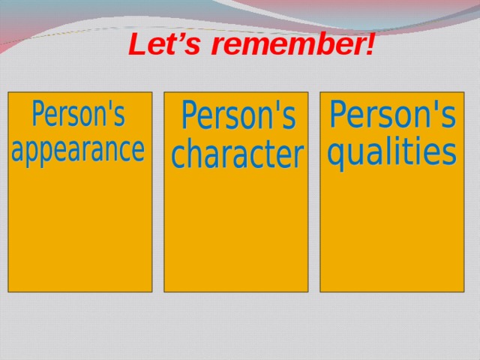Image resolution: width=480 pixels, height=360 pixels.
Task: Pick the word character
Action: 237,155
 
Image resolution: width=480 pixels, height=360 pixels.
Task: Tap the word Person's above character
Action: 238,116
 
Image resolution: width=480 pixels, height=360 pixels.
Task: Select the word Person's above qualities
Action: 392,115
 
